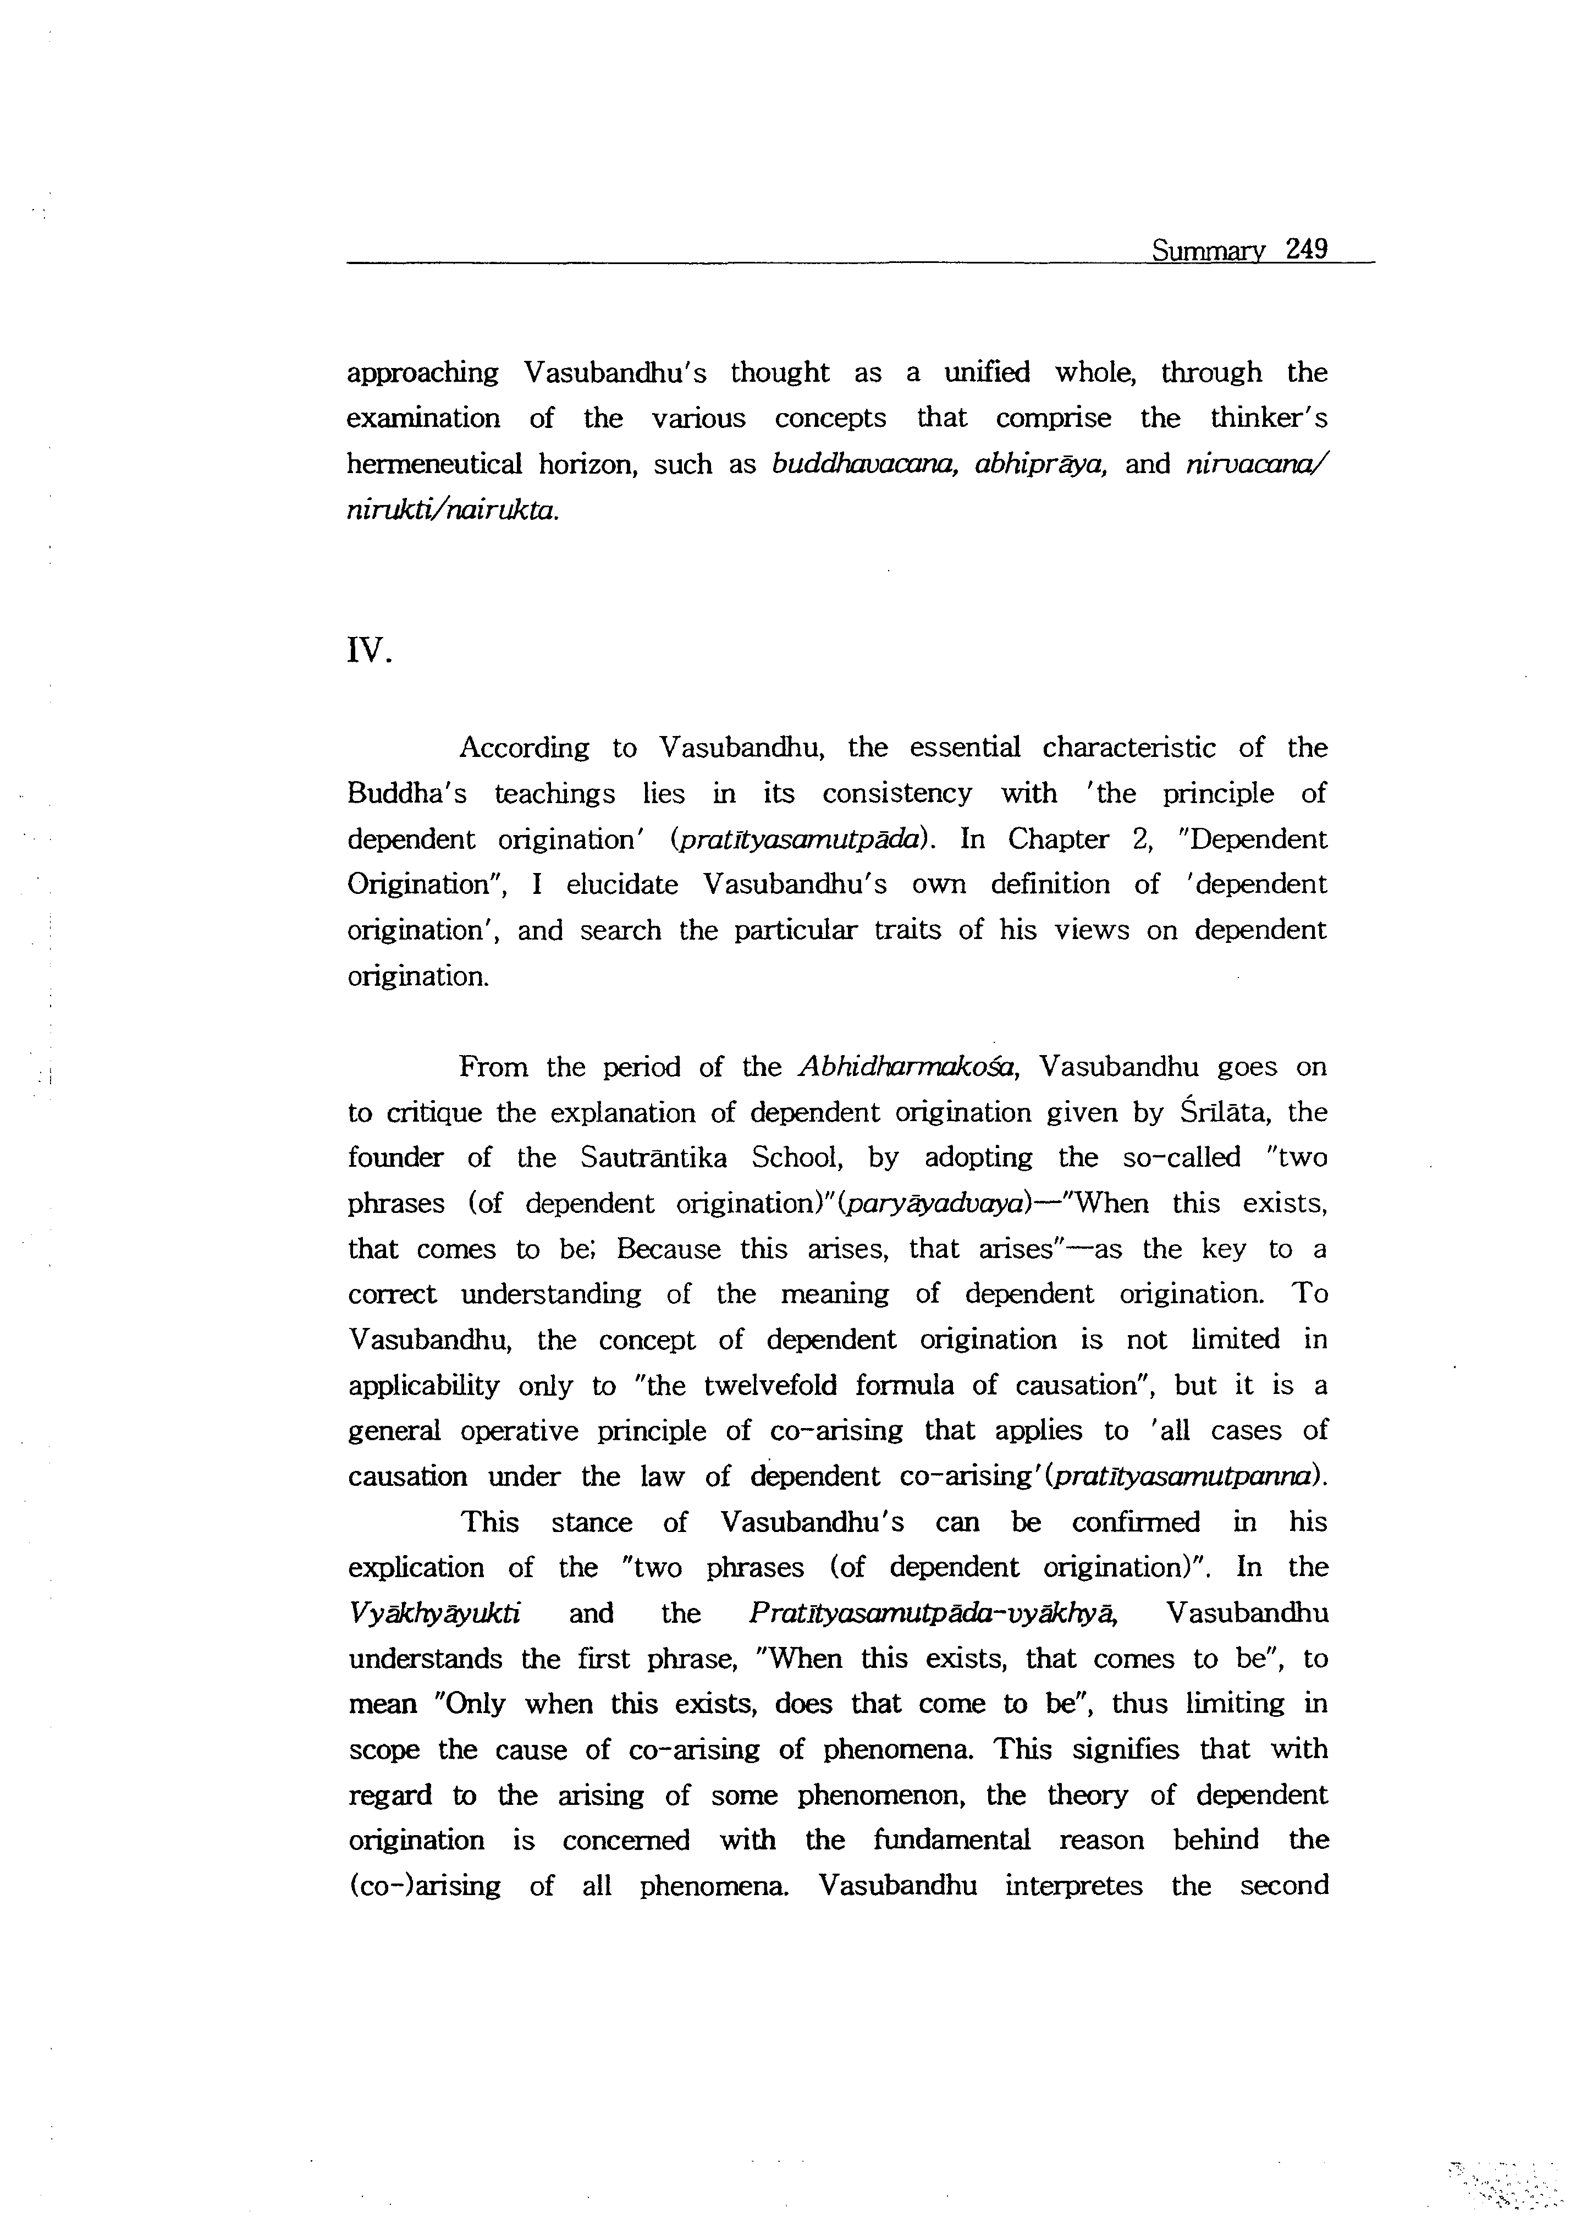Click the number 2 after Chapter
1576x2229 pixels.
point(1140,839)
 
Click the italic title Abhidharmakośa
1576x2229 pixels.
point(906,1067)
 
